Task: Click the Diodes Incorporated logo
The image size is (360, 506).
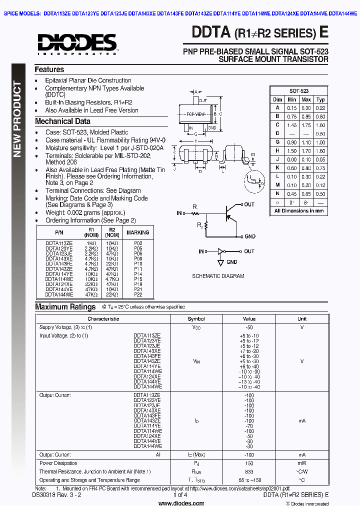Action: pyautogui.click(x=77, y=43)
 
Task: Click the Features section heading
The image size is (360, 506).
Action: pyautogui.click(x=49, y=70)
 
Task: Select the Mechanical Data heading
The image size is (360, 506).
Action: pyautogui.click(x=62, y=121)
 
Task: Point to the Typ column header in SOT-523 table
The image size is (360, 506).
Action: pyautogui.click(x=320, y=99)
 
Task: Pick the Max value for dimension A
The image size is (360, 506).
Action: pyautogui.click(x=306, y=108)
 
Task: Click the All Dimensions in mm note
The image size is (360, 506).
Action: pyautogui.click(x=299, y=211)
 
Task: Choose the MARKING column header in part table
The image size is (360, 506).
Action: pyautogui.click(x=138, y=232)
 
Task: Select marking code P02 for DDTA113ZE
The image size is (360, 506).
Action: pyautogui.click(x=138, y=242)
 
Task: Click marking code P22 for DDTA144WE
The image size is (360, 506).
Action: pyautogui.click(x=138, y=295)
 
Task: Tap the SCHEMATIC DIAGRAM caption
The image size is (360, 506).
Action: pyautogui.click(x=218, y=276)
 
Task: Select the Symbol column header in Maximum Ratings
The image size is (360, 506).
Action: pyautogui.click(x=196, y=319)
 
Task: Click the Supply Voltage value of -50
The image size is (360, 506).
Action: pyautogui.click(x=249, y=327)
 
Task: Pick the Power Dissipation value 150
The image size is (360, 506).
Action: pyautogui.click(x=249, y=463)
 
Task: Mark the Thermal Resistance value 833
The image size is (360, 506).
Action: pyautogui.click(x=249, y=471)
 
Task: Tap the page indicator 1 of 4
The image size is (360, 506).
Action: pyautogui.click(x=179, y=494)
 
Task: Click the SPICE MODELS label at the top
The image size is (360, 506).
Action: pyautogui.click(x=22, y=14)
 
